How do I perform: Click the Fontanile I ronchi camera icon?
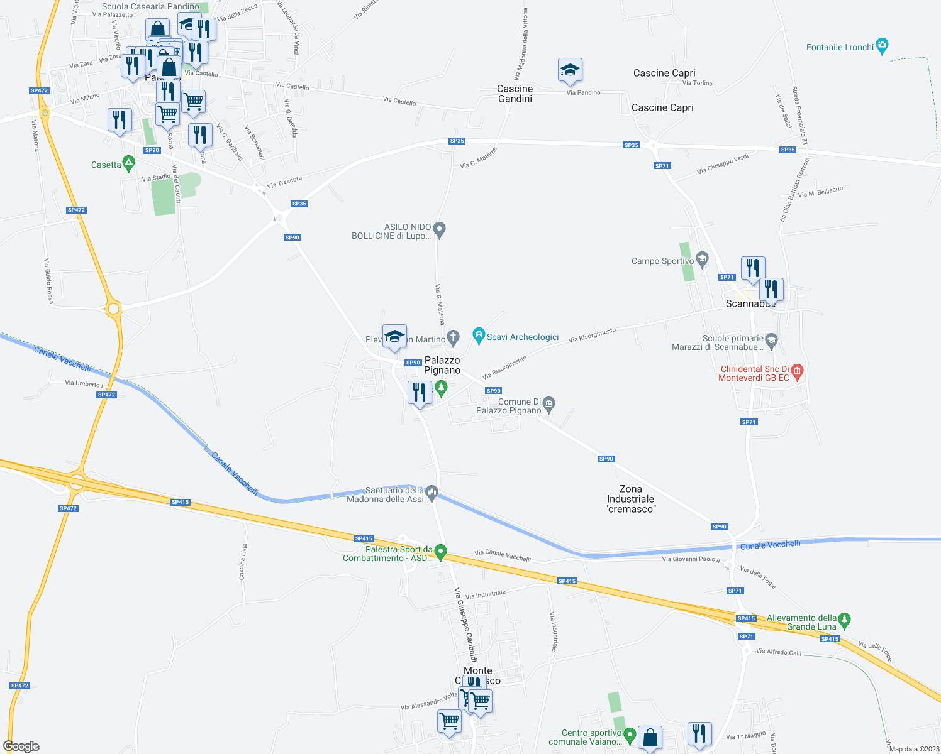click(x=882, y=46)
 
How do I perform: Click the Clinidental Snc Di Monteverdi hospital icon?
click(x=797, y=371)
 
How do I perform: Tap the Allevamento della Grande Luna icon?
click(x=845, y=620)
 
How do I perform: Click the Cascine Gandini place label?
click(x=515, y=94)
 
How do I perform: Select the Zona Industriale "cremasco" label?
click(x=630, y=499)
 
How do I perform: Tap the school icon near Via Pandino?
click(x=570, y=72)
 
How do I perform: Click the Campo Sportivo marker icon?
click(x=703, y=258)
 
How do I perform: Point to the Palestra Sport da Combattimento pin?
click(x=441, y=552)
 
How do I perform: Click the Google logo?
click(x=21, y=746)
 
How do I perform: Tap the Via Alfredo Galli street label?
click(x=779, y=652)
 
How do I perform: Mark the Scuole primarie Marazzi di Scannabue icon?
click(x=772, y=341)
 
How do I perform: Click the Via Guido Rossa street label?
click(x=48, y=281)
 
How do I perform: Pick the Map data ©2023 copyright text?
click(x=913, y=748)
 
